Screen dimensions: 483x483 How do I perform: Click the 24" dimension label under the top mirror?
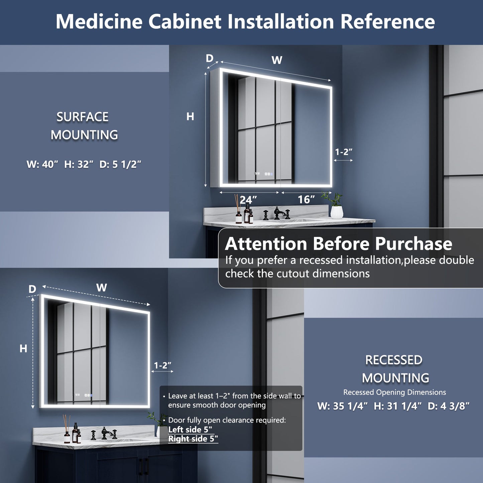tap(248, 200)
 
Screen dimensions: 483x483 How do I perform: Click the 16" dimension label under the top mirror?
tap(306, 200)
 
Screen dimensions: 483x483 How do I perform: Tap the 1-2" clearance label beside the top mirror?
tap(344, 152)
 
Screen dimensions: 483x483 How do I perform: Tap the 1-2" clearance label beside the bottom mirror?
tap(162, 365)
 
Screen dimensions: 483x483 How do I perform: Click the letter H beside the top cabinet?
tap(190, 116)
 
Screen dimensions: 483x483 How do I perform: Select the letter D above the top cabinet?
tap(210, 58)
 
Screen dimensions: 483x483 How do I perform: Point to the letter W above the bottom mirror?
tap(102, 287)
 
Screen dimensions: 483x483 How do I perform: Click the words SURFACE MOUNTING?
tap(84, 126)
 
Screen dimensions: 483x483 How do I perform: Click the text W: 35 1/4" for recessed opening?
tap(342, 406)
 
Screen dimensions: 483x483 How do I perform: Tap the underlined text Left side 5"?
tap(190, 430)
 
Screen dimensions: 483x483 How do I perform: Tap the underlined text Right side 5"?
tap(193, 439)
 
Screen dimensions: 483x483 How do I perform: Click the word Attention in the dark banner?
tap(266, 244)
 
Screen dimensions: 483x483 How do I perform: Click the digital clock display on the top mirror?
tap(257, 174)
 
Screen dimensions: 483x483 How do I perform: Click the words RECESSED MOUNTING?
tap(394, 369)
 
